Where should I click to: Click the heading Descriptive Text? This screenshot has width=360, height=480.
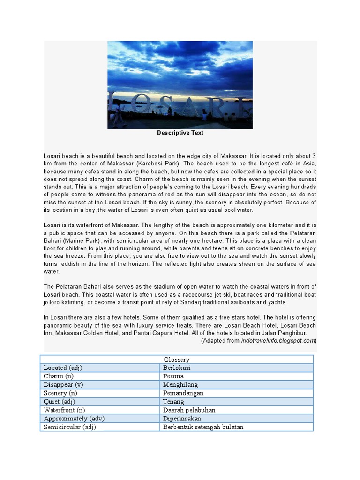click(180, 133)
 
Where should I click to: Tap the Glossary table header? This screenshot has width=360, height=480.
click(177, 359)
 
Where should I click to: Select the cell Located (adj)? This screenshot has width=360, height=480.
click(63, 367)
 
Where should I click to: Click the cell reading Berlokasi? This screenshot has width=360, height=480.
click(177, 367)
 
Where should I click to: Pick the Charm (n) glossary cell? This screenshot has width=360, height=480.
click(59, 376)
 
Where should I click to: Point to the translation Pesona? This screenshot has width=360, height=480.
click(173, 376)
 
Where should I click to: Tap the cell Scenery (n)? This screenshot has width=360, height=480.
click(60, 393)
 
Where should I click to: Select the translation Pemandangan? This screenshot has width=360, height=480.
click(183, 393)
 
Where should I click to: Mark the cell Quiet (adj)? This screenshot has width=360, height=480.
click(60, 401)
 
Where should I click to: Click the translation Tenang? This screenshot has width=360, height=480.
click(173, 401)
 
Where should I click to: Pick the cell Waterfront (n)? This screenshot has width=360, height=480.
click(64, 410)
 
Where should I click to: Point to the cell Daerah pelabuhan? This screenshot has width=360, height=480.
click(189, 410)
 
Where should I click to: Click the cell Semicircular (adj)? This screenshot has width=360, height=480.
click(70, 427)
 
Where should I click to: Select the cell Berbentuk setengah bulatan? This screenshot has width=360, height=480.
click(203, 427)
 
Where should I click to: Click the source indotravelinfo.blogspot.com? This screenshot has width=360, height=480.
click(278, 341)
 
